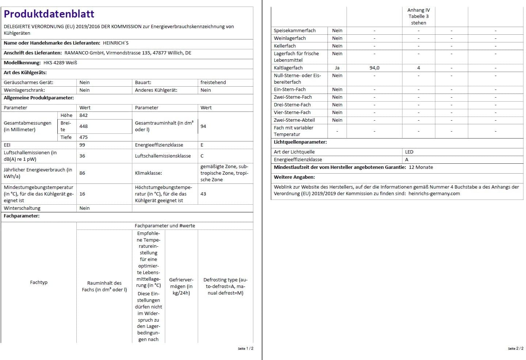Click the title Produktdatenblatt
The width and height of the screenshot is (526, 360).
[49, 14]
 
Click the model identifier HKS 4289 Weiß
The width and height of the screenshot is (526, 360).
[60, 63]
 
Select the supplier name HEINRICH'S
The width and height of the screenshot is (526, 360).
[116, 43]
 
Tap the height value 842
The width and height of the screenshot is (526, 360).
[83, 115]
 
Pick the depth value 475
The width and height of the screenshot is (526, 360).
[83, 137]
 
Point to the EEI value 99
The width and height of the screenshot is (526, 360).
[82, 145]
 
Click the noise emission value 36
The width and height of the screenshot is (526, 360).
[82, 156]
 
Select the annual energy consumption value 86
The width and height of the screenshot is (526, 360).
[82, 173]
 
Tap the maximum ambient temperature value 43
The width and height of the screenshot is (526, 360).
[203, 194]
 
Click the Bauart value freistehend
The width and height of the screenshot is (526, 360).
[213, 83]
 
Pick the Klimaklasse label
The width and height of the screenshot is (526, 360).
[148, 173]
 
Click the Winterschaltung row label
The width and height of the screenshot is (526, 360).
[22, 208]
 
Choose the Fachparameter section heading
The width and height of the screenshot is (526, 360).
[22, 216]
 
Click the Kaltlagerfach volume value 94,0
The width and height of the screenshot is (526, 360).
[374, 68]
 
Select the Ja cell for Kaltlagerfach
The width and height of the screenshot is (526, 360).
[337, 68]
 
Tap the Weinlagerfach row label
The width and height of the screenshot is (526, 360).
[290, 38]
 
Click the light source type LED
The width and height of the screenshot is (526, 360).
[409, 152]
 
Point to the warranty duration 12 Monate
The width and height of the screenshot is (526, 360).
[421, 167]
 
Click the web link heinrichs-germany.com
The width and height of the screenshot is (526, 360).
[434, 194]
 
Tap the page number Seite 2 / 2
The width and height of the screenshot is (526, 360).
[515, 349]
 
